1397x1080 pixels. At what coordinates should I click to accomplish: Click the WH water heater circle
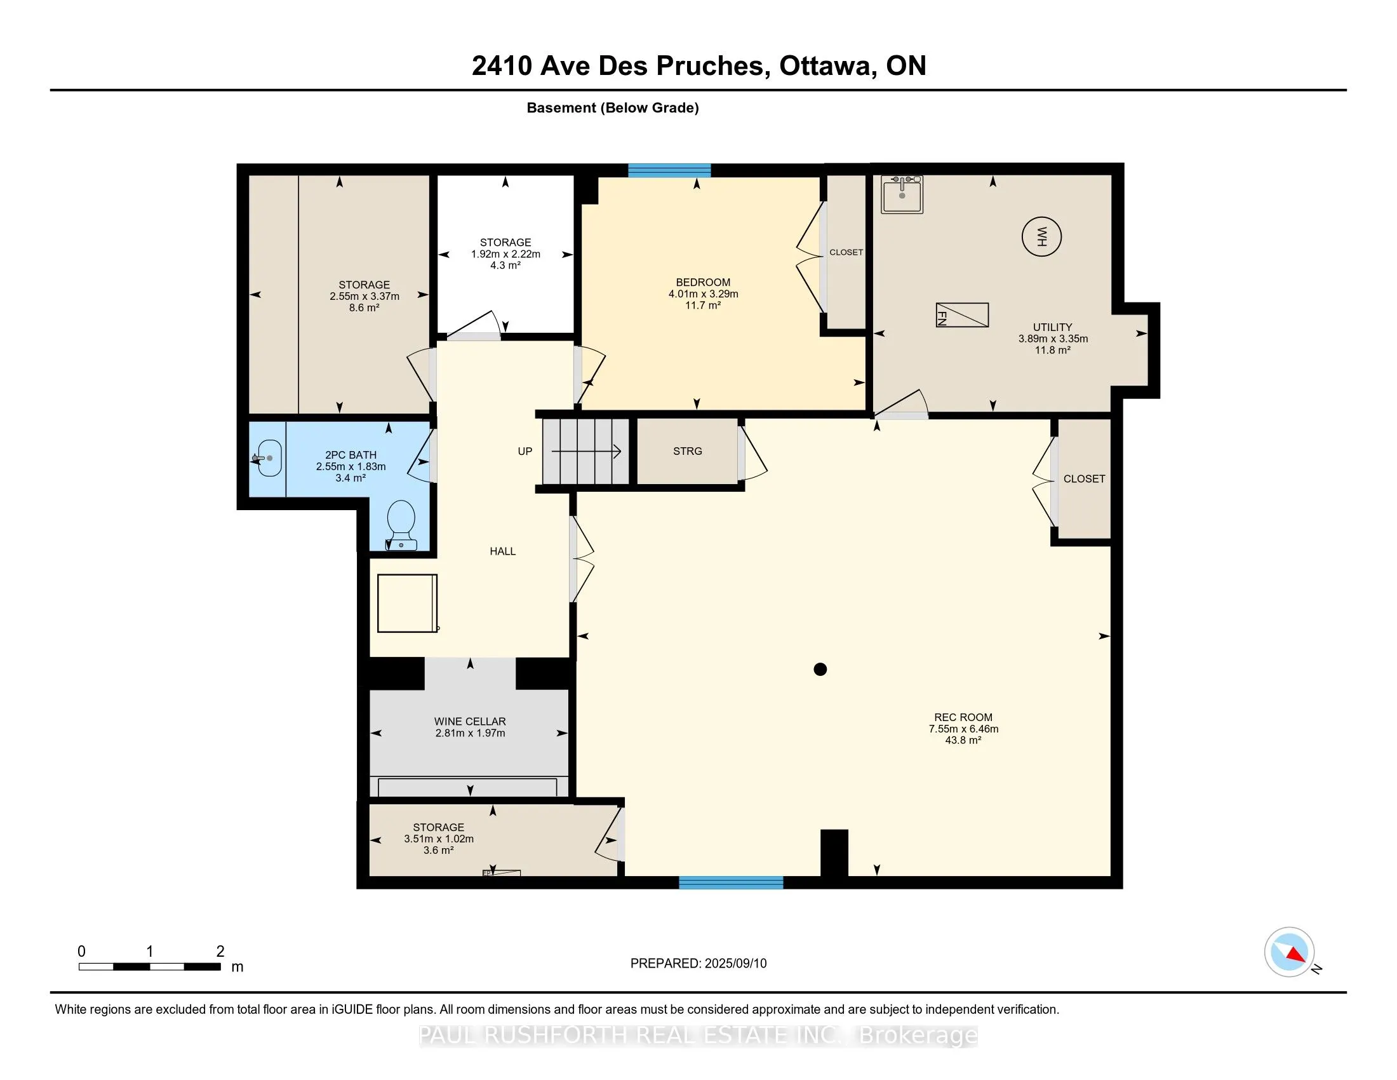[x=1041, y=237]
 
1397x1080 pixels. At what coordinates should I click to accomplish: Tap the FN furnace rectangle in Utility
[x=962, y=314]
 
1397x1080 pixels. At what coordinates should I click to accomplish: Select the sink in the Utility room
[x=902, y=194]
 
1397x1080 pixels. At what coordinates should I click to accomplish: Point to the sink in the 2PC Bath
[x=268, y=458]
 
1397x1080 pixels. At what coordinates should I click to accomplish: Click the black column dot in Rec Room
[x=820, y=669]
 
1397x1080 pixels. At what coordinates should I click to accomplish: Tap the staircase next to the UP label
[x=586, y=452]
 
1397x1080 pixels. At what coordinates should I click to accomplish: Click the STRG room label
[x=688, y=451]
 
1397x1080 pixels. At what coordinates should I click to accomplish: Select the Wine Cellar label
[x=470, y=722]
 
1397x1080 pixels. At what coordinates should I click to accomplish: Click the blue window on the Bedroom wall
[x=669, y=170]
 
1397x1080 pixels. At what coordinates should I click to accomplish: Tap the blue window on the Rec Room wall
[x=731, y=882]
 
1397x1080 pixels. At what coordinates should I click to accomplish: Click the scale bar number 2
[x=220, y=952]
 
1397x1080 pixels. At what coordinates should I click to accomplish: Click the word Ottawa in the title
[x=827, y=66]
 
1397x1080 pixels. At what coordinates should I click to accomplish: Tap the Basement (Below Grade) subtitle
[x=613, y=108]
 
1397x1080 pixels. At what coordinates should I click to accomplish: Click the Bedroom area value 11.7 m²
[x=703, y=305]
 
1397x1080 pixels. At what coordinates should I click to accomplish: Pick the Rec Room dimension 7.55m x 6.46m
[x=963, y=729]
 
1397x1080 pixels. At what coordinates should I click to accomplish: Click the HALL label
[x=503, y=551]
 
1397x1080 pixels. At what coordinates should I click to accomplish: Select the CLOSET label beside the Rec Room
[x=1084, y=478]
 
